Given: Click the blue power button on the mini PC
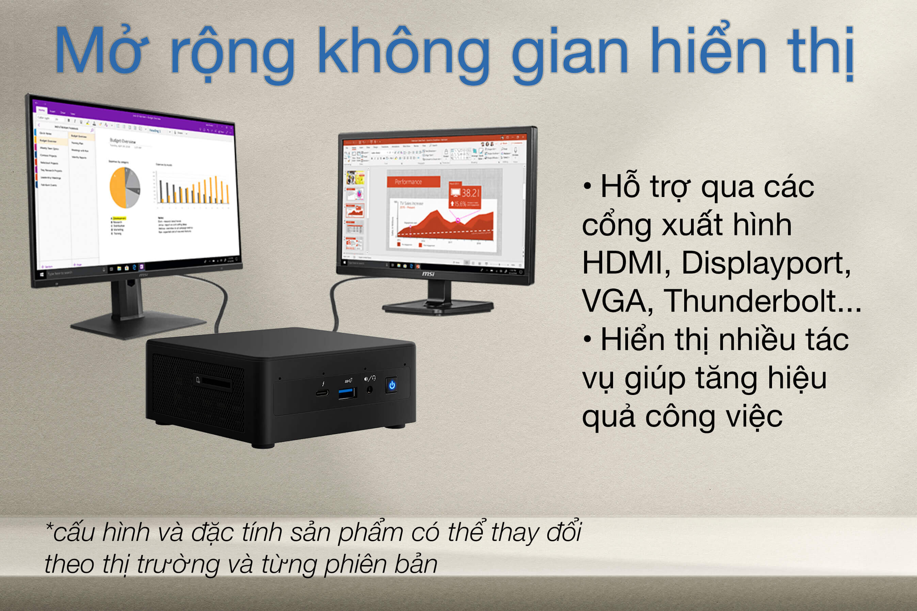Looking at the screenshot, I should pos(392,385).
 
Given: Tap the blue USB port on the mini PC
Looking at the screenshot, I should pos(347,393).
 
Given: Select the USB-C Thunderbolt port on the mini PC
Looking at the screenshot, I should pos(322,392).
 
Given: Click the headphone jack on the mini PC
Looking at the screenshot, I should pos(370,389).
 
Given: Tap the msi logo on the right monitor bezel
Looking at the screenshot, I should pos(428,274).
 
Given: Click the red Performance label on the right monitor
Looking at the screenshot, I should pos(413,182).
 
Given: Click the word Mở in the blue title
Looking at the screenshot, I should pos(101,51).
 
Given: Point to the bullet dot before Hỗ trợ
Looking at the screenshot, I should pos(587,185).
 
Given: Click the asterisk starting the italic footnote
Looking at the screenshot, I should pos(49,526).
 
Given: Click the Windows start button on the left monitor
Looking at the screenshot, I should pos(42,275).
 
